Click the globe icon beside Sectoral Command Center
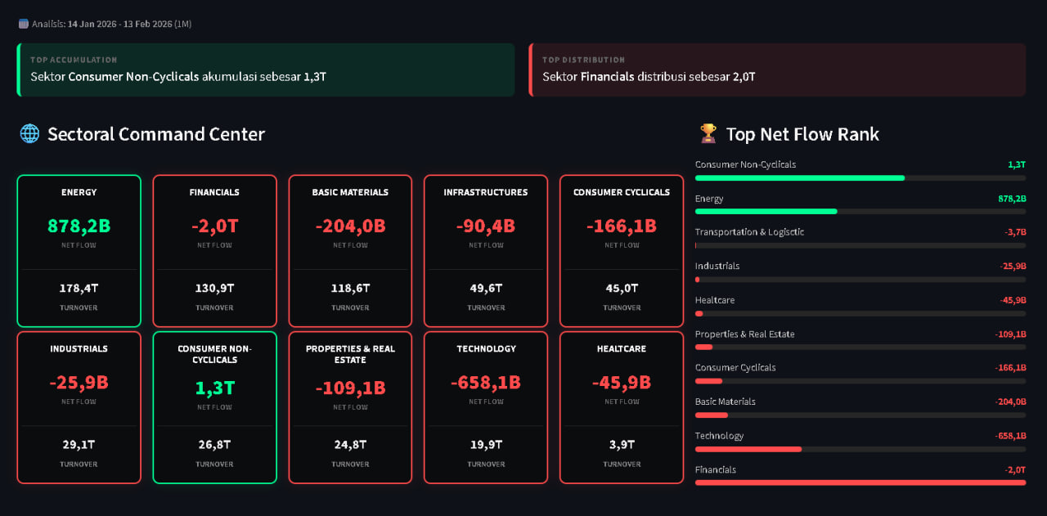click(x=29, y=133)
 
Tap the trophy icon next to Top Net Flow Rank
click(x=708, y=133)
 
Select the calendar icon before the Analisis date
click(x=24, y=24)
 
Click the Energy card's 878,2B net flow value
click(x=79, y=227)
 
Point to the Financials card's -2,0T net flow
click(x=214, y=227)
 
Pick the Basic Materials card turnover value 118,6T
click(x=350, y=289)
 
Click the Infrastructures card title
click(x=486, y=192)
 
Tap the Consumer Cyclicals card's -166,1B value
click(x=621, y=227)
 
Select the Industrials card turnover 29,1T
click(x=79, y=445)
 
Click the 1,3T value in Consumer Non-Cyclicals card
click(x=214, y=388)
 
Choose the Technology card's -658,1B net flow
click(x=486, y=383)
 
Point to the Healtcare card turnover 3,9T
click(x=621, y=445)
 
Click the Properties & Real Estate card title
click(x=350, y=354)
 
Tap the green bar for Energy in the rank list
click(x=766, y=212)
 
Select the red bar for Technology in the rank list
click(x=748, y=449)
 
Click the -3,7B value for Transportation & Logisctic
click(x=1015, y=232)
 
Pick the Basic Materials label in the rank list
click(x=725, y=402)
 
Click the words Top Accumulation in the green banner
click(x=74, y=60)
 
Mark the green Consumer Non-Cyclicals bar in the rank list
click(x=800, y=178)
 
